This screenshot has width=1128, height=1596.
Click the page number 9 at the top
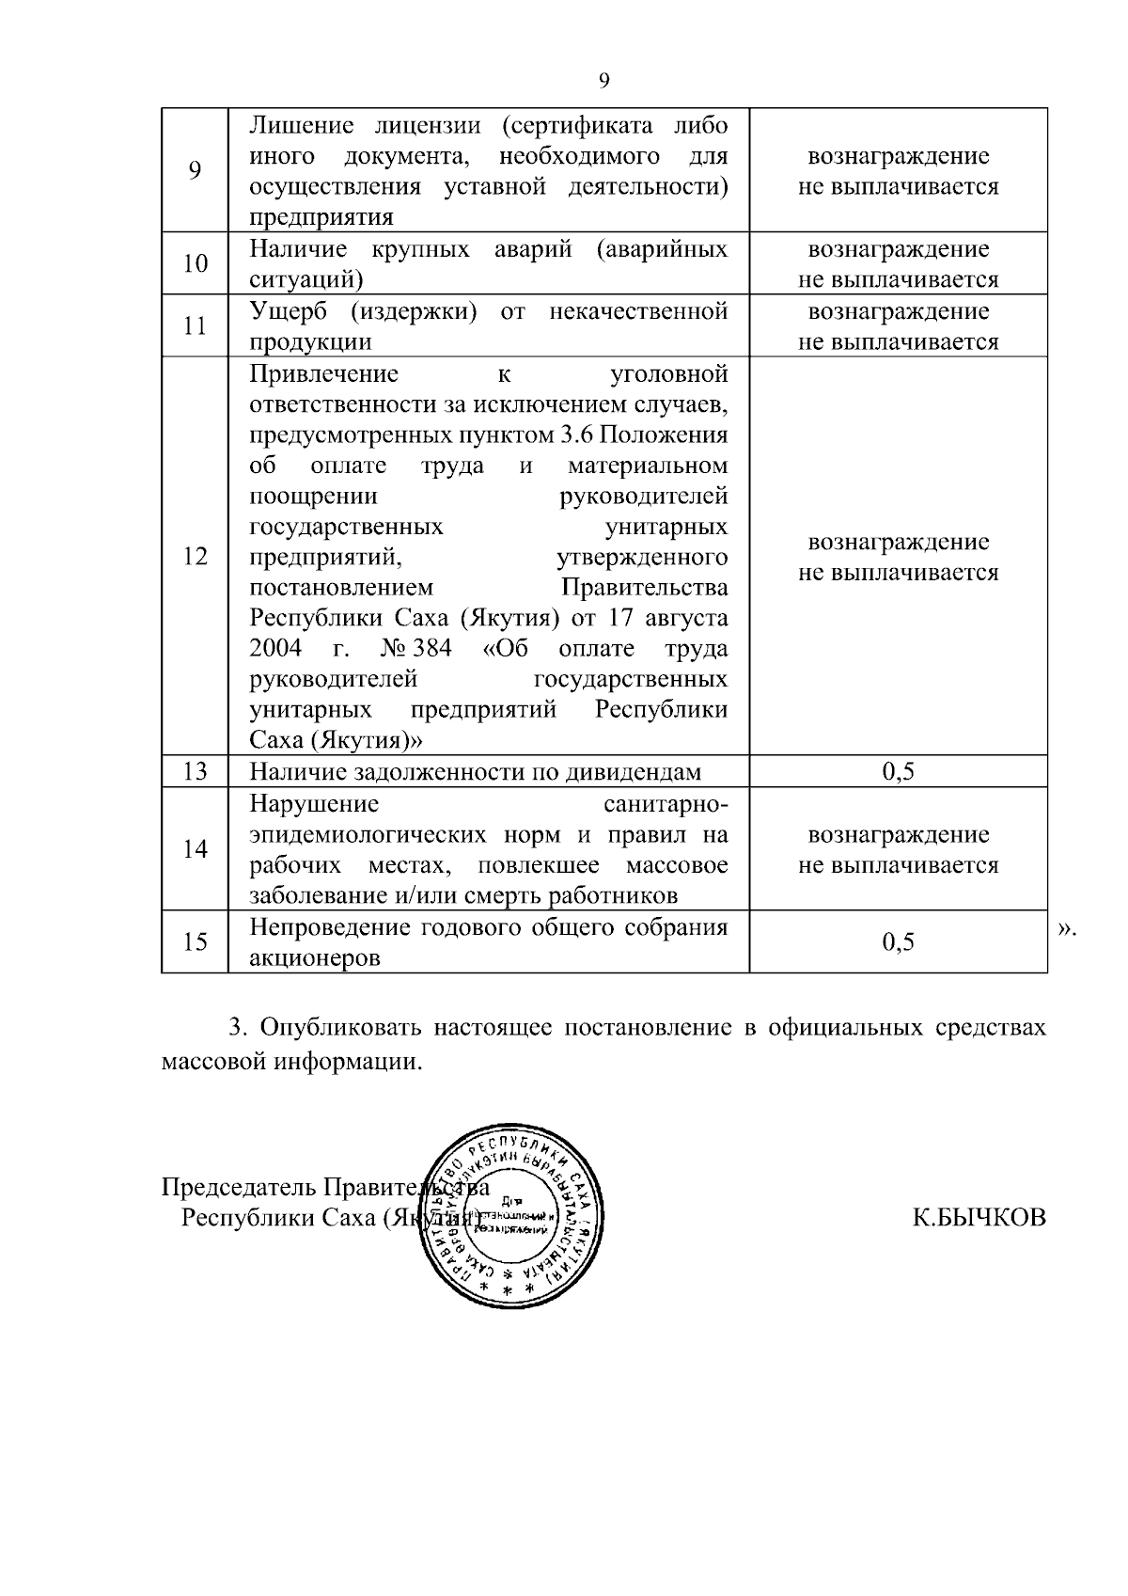[x=603, y=81]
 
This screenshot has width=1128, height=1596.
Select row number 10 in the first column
[x=195, y=263]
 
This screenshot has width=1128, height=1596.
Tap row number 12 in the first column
[x=195, y=556]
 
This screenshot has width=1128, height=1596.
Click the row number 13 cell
[x=195, y=772]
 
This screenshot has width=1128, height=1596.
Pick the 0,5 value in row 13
[x=898, y=772]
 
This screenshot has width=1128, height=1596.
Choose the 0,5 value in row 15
[x=898, y=941]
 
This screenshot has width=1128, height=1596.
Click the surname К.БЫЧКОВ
[x=979, y=1218]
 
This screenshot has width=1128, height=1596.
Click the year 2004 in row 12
[x=275, y=648]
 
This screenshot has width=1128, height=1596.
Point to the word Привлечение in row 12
[x=324, y=373]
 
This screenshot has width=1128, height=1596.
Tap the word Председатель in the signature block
[x=238, y=1187]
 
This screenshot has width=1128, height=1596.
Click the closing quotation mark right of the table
[x=1066, y=929]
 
